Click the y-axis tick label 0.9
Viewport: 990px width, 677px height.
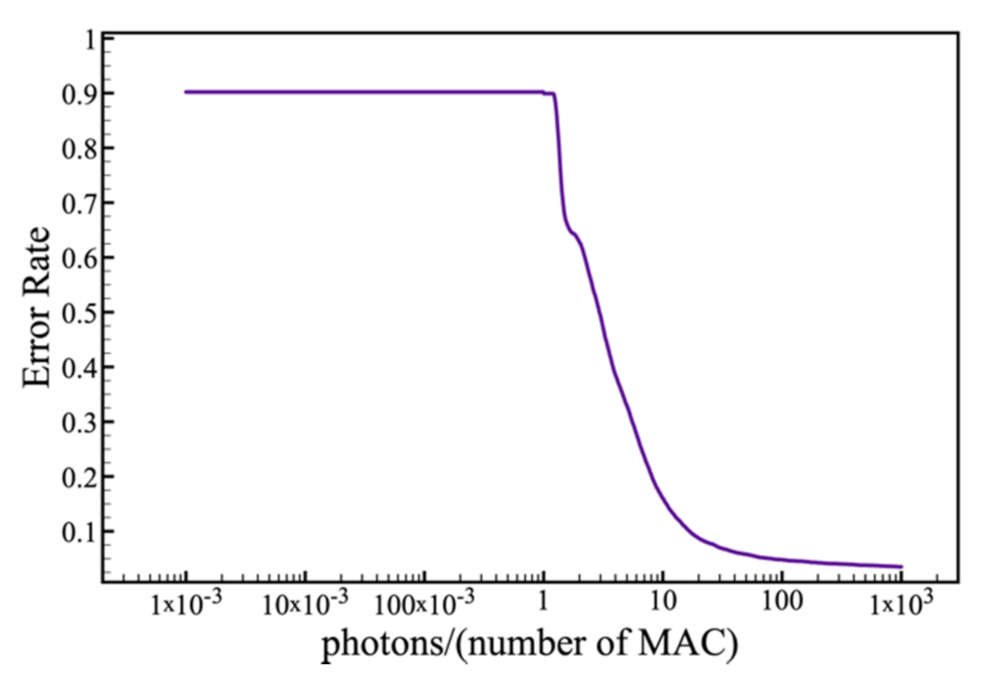coord(76,93)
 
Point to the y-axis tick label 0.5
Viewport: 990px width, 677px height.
coord(76,313)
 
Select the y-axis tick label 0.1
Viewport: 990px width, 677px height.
coord(76,532)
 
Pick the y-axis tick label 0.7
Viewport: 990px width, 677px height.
coord(76,203)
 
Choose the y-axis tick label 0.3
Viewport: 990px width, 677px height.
coord(76,422)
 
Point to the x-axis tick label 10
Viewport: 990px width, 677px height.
coord(662,603)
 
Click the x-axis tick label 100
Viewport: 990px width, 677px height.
coord(781,603)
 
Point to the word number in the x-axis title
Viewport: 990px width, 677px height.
coord(529,645)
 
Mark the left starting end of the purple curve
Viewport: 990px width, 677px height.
coord(185,92)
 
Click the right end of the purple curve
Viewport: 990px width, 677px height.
coord(901,567)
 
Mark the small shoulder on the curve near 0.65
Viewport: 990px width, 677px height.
coord(573,234)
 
